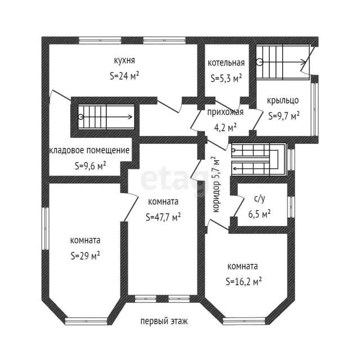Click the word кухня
tap(124, 60)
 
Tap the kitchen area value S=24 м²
tap(124, 76)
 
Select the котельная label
tap(226, 63)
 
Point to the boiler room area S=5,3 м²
tap(226, 78)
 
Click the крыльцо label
tap(283, 101)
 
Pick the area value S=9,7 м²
tap(283, 116)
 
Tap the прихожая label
tap(225, 112)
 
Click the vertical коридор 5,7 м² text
tap(216, 184)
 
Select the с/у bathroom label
tap(259, 199)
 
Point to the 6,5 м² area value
tap(259, 214)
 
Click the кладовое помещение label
tap(89, 151)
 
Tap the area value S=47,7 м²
tap(163, 217)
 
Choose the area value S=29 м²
tap(85, 255)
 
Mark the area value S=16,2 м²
tap(244, 281)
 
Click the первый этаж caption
tap(164, 321)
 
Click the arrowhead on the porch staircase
tap(304, 62)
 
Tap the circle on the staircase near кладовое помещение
tap(80, 117)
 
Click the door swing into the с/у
tap(238, 206)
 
